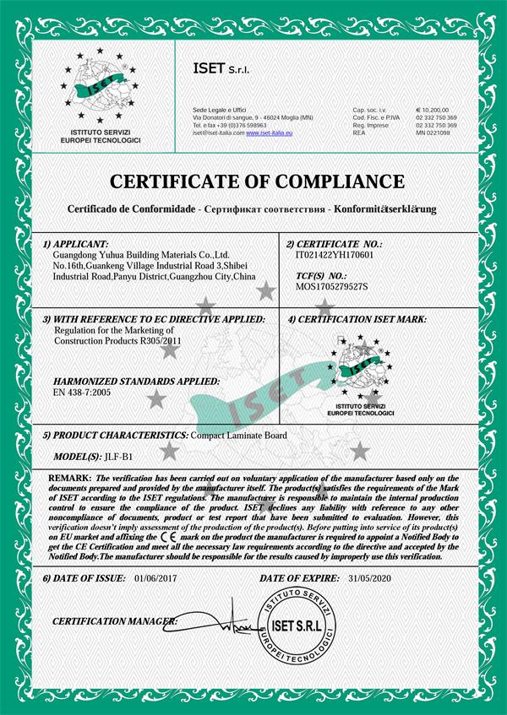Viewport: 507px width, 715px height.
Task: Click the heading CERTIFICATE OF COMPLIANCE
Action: point(253,181)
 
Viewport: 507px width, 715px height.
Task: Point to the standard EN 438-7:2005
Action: point(81,393)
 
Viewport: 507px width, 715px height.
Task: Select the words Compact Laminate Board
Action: point(239,435)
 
